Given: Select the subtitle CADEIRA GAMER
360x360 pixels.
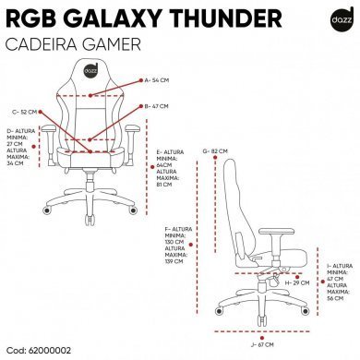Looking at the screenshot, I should tap(71, 44).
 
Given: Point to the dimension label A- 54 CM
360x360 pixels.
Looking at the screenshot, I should tap(160, 81).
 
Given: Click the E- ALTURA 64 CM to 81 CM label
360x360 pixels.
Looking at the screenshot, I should tap(172, 169).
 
